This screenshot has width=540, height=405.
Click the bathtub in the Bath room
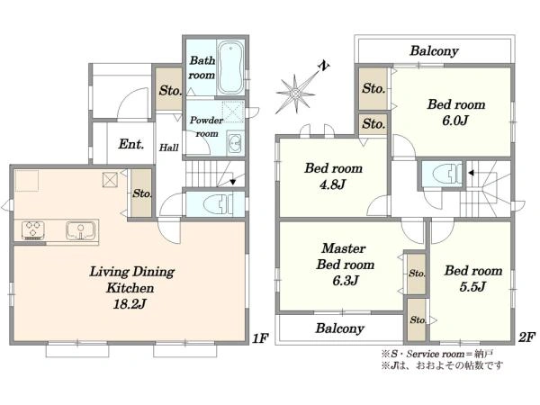tap(230, 67)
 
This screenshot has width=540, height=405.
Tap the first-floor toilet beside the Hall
tap(215, 204)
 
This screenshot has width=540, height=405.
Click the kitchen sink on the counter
tap(80, 230)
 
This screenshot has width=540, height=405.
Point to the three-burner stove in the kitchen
tap(33, 230)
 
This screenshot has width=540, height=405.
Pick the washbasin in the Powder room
tap(236, 142)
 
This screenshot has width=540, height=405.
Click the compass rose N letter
tap(323, 66)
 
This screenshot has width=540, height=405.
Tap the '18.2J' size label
tap(130, 304)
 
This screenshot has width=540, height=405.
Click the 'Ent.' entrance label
tap(130, 144)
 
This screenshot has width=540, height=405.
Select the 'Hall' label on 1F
tap(169, 148)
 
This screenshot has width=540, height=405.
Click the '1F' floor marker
tap(260, 338)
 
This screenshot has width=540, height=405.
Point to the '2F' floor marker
tap(526, 337)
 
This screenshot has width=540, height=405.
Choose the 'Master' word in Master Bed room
tap(344, 248)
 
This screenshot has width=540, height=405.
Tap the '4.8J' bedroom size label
tap(332, 184)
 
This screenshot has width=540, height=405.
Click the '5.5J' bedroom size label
tap(472, 286)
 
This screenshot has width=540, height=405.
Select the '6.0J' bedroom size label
tap(455, 121)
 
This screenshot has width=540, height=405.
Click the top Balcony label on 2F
tap(434, 51)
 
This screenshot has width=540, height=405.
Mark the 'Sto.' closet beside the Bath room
tap(169, 90)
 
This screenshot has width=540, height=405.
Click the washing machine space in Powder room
tap(233, 112)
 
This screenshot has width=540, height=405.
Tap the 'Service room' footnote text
tap(436, 354)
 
